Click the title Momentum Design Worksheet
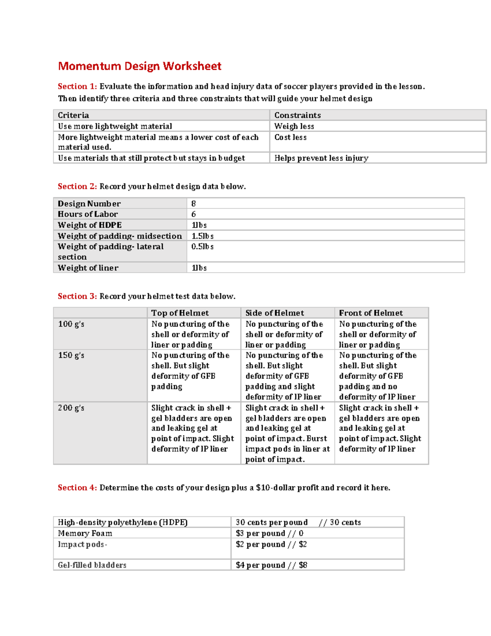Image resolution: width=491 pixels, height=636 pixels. click(140, 66)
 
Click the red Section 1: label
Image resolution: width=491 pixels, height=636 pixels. click(77, 86)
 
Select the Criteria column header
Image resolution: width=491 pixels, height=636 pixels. click(73, 115)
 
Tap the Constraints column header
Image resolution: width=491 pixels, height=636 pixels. click(297, 115)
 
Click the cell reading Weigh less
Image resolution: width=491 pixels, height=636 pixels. click(294, 126)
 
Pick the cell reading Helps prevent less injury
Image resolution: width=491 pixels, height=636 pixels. click(321, 158)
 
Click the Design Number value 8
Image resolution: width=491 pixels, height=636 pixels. click(194, 204)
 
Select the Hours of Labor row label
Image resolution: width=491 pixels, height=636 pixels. click(88, 214)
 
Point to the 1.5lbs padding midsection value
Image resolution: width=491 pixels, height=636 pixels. click(203, 236)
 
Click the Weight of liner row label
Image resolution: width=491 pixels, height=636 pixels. click(88, 268)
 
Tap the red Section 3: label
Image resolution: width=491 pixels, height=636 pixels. click(77, 296)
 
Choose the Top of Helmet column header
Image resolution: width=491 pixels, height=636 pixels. click(180, 313)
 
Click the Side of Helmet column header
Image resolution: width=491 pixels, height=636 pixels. click(275, 313)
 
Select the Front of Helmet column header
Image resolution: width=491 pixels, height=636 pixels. click(371, 313)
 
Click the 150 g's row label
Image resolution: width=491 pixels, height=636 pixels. click(71, 355)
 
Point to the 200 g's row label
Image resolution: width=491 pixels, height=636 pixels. click(71, 408)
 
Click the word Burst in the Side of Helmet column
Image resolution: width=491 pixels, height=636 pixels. click(317, 439)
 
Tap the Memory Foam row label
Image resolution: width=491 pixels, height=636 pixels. click(85, 533)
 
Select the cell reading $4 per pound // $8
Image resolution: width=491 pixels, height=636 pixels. click(271, 565)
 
